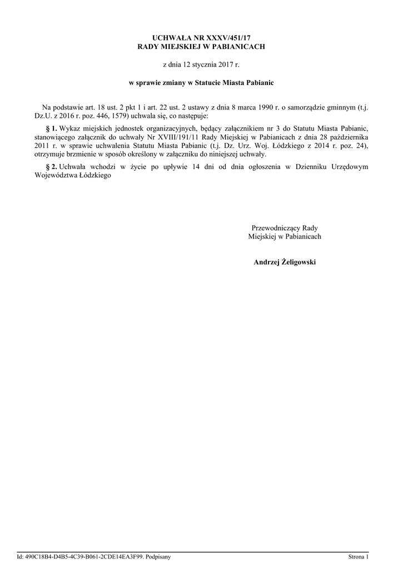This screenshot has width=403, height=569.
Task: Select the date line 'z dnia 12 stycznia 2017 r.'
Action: tap(201, 65)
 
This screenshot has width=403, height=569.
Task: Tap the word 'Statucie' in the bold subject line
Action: tap(221, 83)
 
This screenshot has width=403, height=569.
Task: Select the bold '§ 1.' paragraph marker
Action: tap(51, 127)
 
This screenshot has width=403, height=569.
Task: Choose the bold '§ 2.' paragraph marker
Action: tap(51, 167)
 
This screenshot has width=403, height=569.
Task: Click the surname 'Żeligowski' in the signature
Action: tap(297, 262)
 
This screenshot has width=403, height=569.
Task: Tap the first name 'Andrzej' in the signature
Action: tap(265, 262)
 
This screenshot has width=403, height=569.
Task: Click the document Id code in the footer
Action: tap(83, 556)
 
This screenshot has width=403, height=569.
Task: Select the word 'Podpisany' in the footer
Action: tap(158, 556)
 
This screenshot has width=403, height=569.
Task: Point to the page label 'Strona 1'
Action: tap(358, 556)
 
